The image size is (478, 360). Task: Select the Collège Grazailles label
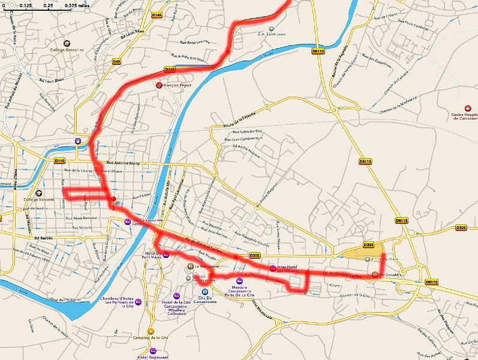[67, 50]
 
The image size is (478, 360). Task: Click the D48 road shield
[116, 61]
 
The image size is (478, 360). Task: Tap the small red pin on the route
[113, 199]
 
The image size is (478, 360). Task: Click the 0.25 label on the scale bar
[47, 6]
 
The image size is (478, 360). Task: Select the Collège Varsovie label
[39, 199]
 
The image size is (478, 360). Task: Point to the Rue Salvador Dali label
[243, 132]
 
